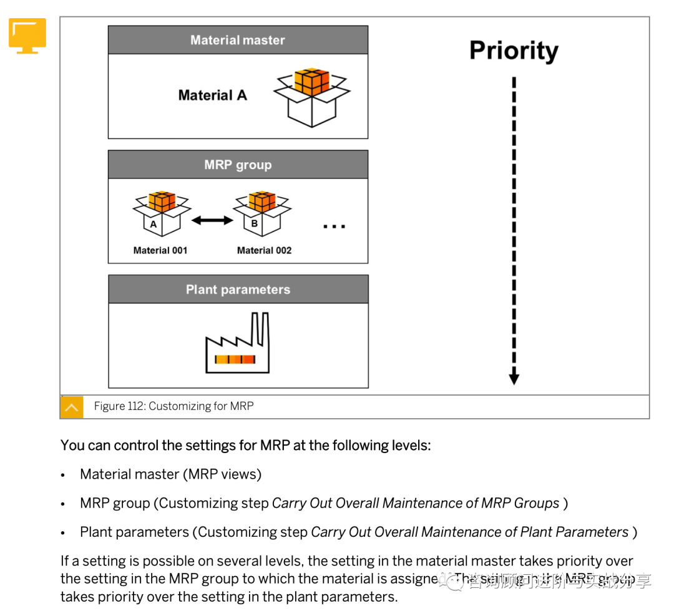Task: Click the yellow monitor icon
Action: pyautogui.click(x=27, y=36)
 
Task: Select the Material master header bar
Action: pyautogui.click(x=238, y=40)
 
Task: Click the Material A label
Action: pyautogui.click(x=212, y=95)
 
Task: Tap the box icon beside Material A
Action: pyautogui.click(x=311, y=97)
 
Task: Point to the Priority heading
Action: pyautogui.click(x=514, y=51)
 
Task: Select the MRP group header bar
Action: pyautogui.click(x=238, y=165)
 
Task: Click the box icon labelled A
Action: pyautogui.click(x=161, y=213)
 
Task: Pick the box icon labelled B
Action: pyautogui.click(x=262, y=213)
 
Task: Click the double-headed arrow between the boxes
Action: pyautogui.click(x=212, y=220)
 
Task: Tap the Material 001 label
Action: pyautogui.click(x=160, y=250)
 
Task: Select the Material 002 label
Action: pyautogui.click(x=264, y=250)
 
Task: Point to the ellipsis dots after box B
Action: pyautogui.click(x=334, y=226)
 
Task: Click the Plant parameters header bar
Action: pyautogui.click(x=238, y=290)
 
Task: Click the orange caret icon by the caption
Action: pyautogui.click(x=71, y=407)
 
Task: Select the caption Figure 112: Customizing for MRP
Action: pyautogui.click(x=173, y=406)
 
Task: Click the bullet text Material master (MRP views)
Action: pyautogui.click(x=170, y=474)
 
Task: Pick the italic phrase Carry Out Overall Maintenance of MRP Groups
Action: pyautogui.click(x=416, y=503)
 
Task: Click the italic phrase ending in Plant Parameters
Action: pyautogui.click(x=469, y=532)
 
